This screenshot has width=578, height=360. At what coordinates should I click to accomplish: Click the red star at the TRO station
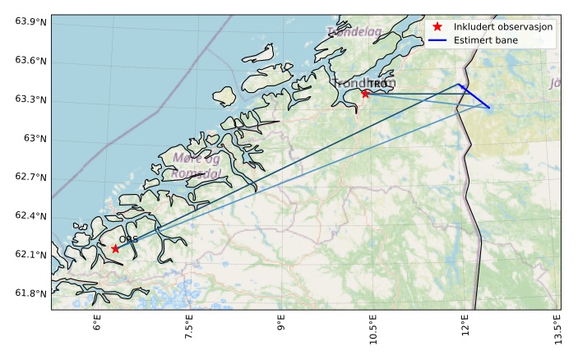(365, 94)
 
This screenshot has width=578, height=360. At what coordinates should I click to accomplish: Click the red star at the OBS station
(115, 248)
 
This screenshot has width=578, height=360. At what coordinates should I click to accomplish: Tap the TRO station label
(377, 85)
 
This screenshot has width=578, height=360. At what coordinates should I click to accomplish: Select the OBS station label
(128, 239)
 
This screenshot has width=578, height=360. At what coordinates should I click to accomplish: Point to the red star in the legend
(437, 27)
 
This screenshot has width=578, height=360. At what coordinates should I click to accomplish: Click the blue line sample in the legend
(437, 40)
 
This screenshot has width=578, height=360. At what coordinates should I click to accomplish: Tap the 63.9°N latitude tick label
(30, 21)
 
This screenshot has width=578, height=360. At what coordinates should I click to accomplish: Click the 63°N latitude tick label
(35, 138)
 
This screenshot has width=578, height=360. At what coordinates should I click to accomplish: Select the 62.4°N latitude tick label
(30, 216)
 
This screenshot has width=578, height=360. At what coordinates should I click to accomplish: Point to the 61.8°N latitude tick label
(30, 294)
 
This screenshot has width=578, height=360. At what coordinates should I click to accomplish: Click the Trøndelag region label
(354, 32)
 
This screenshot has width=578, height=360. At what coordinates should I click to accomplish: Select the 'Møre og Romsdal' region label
(197, 165)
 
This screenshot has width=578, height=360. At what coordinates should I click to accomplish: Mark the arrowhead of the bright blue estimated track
(460, 85)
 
